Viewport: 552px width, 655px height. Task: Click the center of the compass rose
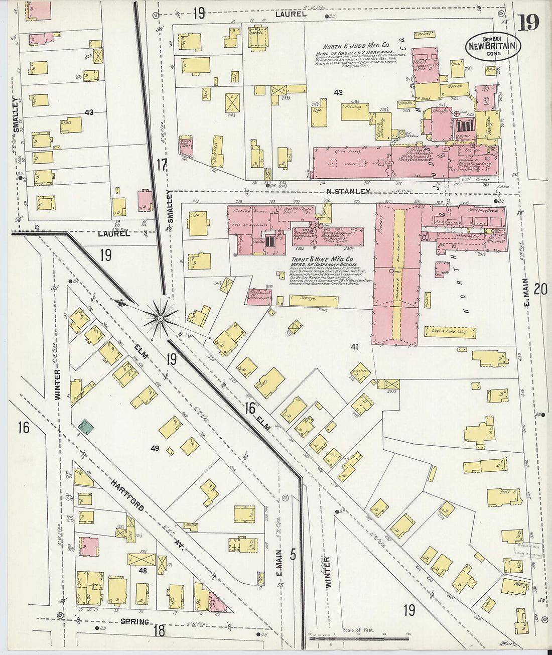pos(160,317)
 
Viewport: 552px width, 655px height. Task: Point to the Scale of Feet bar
pos(359,638)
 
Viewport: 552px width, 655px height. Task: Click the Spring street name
pos(134,622)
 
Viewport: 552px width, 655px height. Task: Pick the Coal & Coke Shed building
pos(450,332)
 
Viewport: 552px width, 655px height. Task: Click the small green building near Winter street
pos(86,427)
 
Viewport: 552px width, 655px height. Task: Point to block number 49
pos(155,448)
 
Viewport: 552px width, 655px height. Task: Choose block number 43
pos(89,112)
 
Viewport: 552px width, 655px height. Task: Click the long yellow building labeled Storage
pos(314,301)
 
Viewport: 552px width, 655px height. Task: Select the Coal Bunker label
pos(473,179)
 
